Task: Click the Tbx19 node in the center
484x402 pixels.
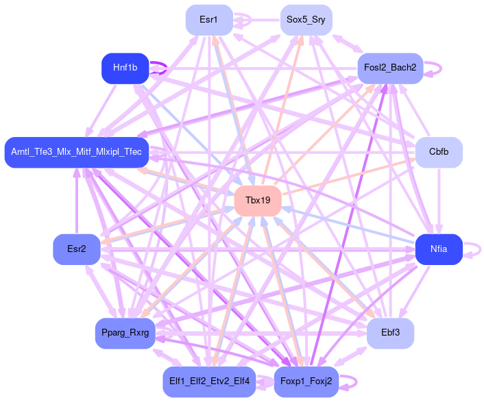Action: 258,201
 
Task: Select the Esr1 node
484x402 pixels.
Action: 209,20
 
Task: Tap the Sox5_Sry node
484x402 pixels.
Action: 306,20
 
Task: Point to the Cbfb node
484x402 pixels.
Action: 439,152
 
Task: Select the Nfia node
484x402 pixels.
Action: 439,249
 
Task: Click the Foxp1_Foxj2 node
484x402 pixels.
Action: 306,381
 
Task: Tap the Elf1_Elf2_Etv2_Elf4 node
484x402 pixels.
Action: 209,381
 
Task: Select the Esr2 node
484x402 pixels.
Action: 77,249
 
